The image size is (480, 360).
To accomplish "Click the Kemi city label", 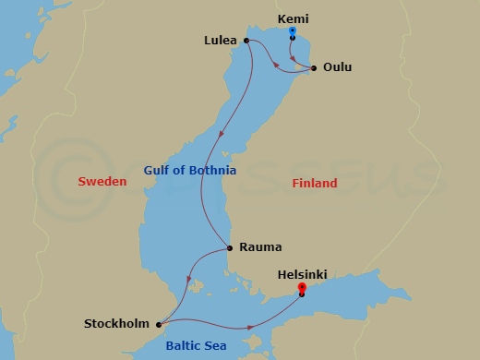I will click(293, 18).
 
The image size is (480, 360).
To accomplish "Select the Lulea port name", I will click(222, 42).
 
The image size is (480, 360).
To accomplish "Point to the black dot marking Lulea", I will click(246, 41).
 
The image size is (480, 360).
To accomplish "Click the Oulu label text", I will click(337, 67).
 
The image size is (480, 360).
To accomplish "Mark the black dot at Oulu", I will click(315, 67).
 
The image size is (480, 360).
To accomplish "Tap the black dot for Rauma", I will click(229, 247).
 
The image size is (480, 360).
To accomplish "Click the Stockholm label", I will click(117, 324).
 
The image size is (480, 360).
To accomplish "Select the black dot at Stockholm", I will click(160, 324).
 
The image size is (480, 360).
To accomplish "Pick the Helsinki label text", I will click(302, 274).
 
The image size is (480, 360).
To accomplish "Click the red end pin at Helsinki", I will click(302, 289).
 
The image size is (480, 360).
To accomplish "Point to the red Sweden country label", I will click(102, 183).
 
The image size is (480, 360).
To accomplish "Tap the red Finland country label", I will click(315, 184).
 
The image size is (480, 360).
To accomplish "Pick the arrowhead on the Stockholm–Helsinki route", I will click(250, 327).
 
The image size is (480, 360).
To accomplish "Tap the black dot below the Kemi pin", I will click(292, 39).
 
